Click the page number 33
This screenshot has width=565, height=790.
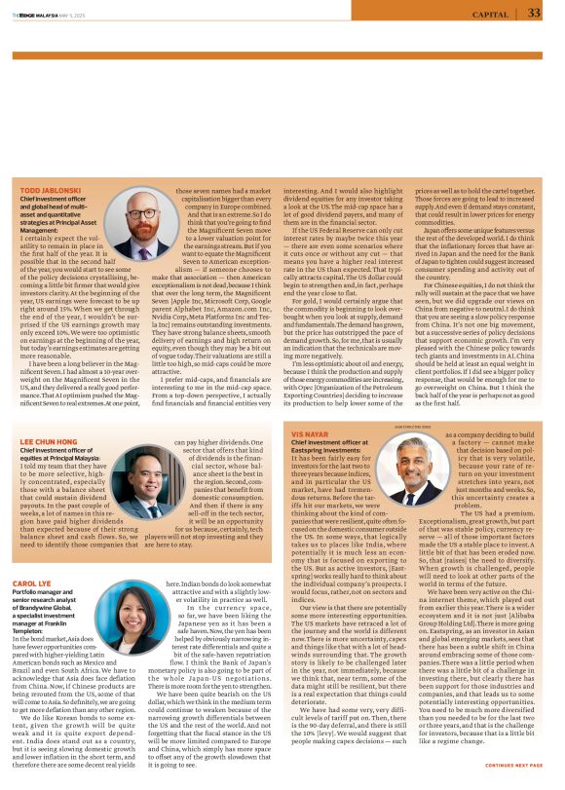pos(534,13)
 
